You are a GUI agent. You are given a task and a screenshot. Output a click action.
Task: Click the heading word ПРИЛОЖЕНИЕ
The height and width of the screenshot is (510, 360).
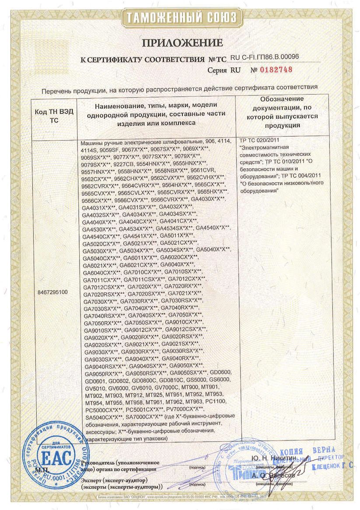point(182,42)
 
